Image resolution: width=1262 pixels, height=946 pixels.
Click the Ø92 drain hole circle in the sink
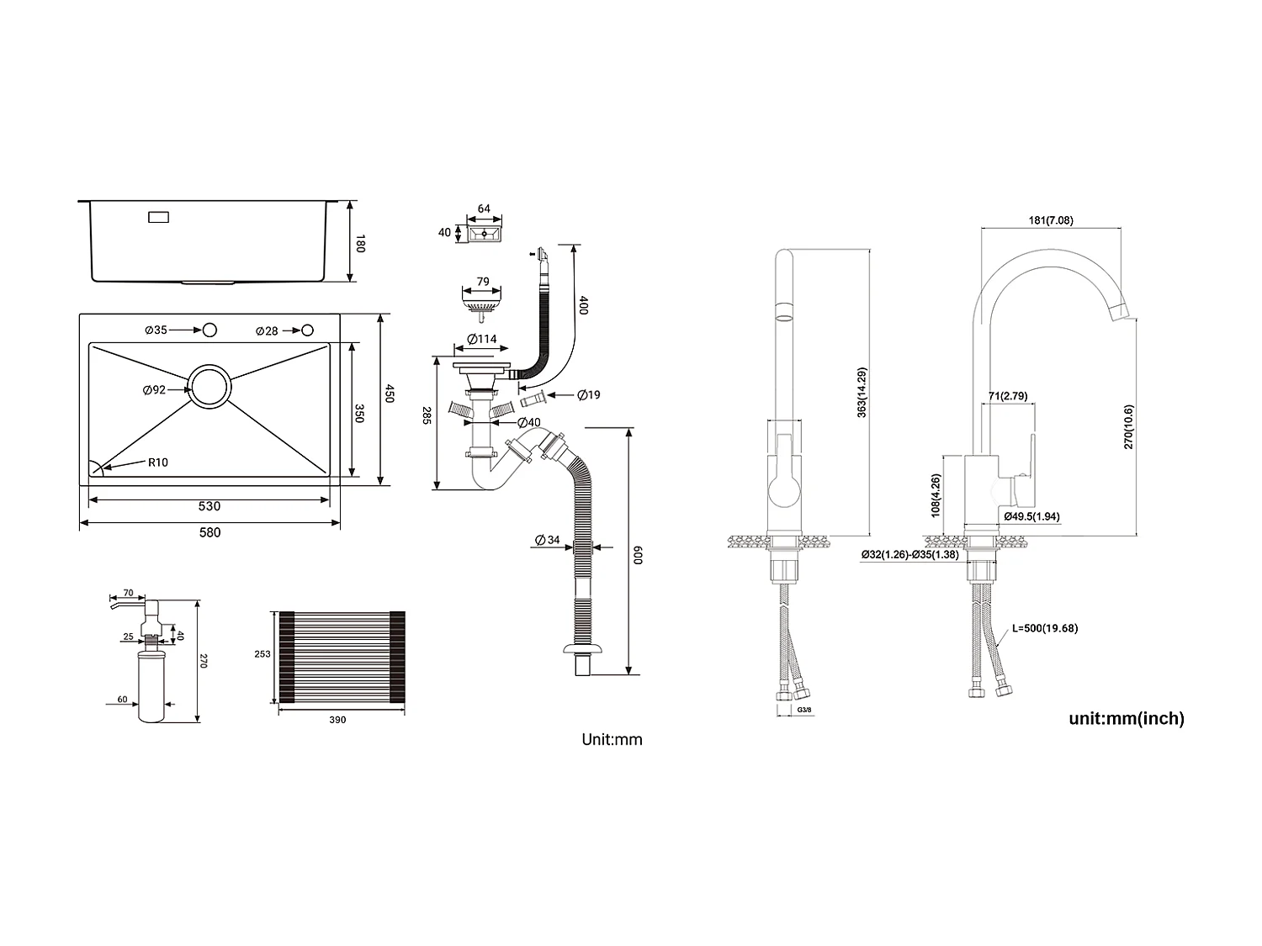[209, 388]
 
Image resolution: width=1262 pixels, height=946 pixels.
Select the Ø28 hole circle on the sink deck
[308, 330]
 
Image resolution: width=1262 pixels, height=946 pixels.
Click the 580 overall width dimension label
[209, 532]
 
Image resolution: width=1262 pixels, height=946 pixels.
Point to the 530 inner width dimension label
[209, 506]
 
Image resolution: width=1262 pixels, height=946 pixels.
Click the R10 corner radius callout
[158, 462]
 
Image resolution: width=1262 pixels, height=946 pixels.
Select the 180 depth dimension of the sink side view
[361, 245]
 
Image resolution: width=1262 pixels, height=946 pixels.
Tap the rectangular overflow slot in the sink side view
[158, 217]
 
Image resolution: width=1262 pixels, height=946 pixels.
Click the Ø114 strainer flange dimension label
[482, 340]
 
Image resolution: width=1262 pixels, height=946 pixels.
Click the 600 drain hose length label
[639, 554]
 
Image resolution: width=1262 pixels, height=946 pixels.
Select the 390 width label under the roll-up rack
[337, 720]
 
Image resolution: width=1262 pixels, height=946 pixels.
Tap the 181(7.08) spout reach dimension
[1051, 221]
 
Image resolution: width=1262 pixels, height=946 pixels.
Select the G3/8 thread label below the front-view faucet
[804, 711]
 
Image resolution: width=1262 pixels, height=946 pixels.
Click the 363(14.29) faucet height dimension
[862, 393]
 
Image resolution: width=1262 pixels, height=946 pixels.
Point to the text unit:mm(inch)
[1126, 718]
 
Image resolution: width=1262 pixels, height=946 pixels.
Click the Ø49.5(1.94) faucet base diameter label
[1031, 516]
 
